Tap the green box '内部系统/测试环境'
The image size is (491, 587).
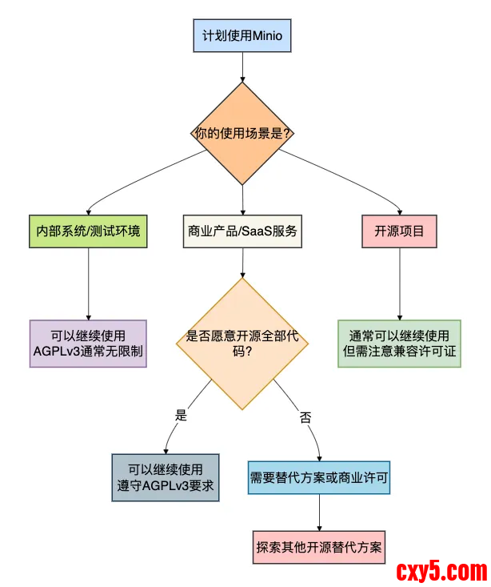point(88,231)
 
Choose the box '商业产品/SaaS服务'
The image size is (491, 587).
point(242,231)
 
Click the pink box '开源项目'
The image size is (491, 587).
point(399,231)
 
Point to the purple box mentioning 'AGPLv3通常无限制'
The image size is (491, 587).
point(88,344)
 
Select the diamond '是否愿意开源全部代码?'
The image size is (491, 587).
point(242,344)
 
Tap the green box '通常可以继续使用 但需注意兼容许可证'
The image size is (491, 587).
point(399,344)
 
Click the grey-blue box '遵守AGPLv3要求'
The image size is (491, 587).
point(165,477)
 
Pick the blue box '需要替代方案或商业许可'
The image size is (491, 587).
point(320,477)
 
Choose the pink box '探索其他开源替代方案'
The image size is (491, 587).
point(320,549)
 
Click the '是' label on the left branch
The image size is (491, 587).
point(181,415)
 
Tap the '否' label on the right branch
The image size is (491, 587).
point(305,416)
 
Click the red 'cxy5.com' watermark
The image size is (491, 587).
point(441,571)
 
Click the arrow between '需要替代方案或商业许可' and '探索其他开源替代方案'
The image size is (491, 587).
point(320,513)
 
